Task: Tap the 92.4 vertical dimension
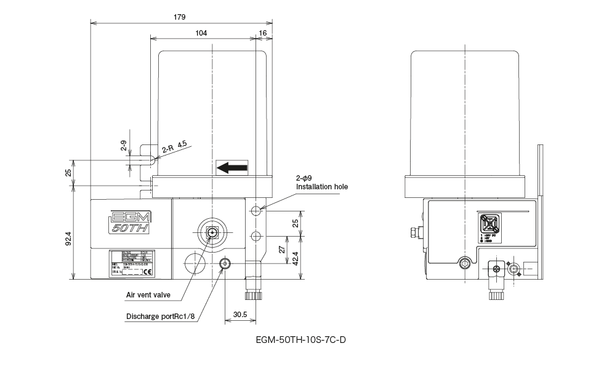coord(69,238)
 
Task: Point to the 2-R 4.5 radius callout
coord(174,148)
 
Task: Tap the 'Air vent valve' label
coord(148,295)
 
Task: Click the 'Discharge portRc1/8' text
coord(161,317)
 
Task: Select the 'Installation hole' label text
coord(322,186)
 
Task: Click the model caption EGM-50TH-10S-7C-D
coord(301,339)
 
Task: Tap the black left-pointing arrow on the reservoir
coord(232,167)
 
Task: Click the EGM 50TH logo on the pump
coord(131,222)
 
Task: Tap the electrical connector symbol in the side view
coord(489,224)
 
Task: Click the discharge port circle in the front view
coord(226,264)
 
